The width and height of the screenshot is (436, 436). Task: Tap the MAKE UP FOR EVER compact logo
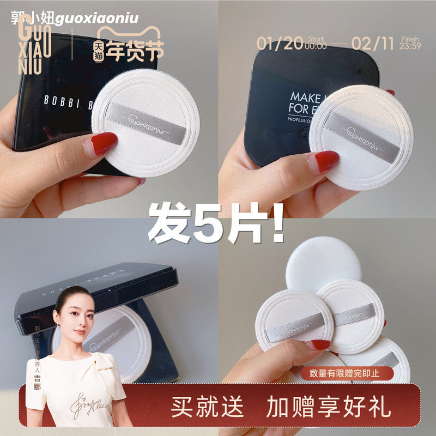point(292,95)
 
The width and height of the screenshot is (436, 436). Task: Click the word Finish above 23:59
point(409,39)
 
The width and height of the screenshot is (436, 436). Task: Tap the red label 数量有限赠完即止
point(352,373)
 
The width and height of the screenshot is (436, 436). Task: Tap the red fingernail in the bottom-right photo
point(318,344)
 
